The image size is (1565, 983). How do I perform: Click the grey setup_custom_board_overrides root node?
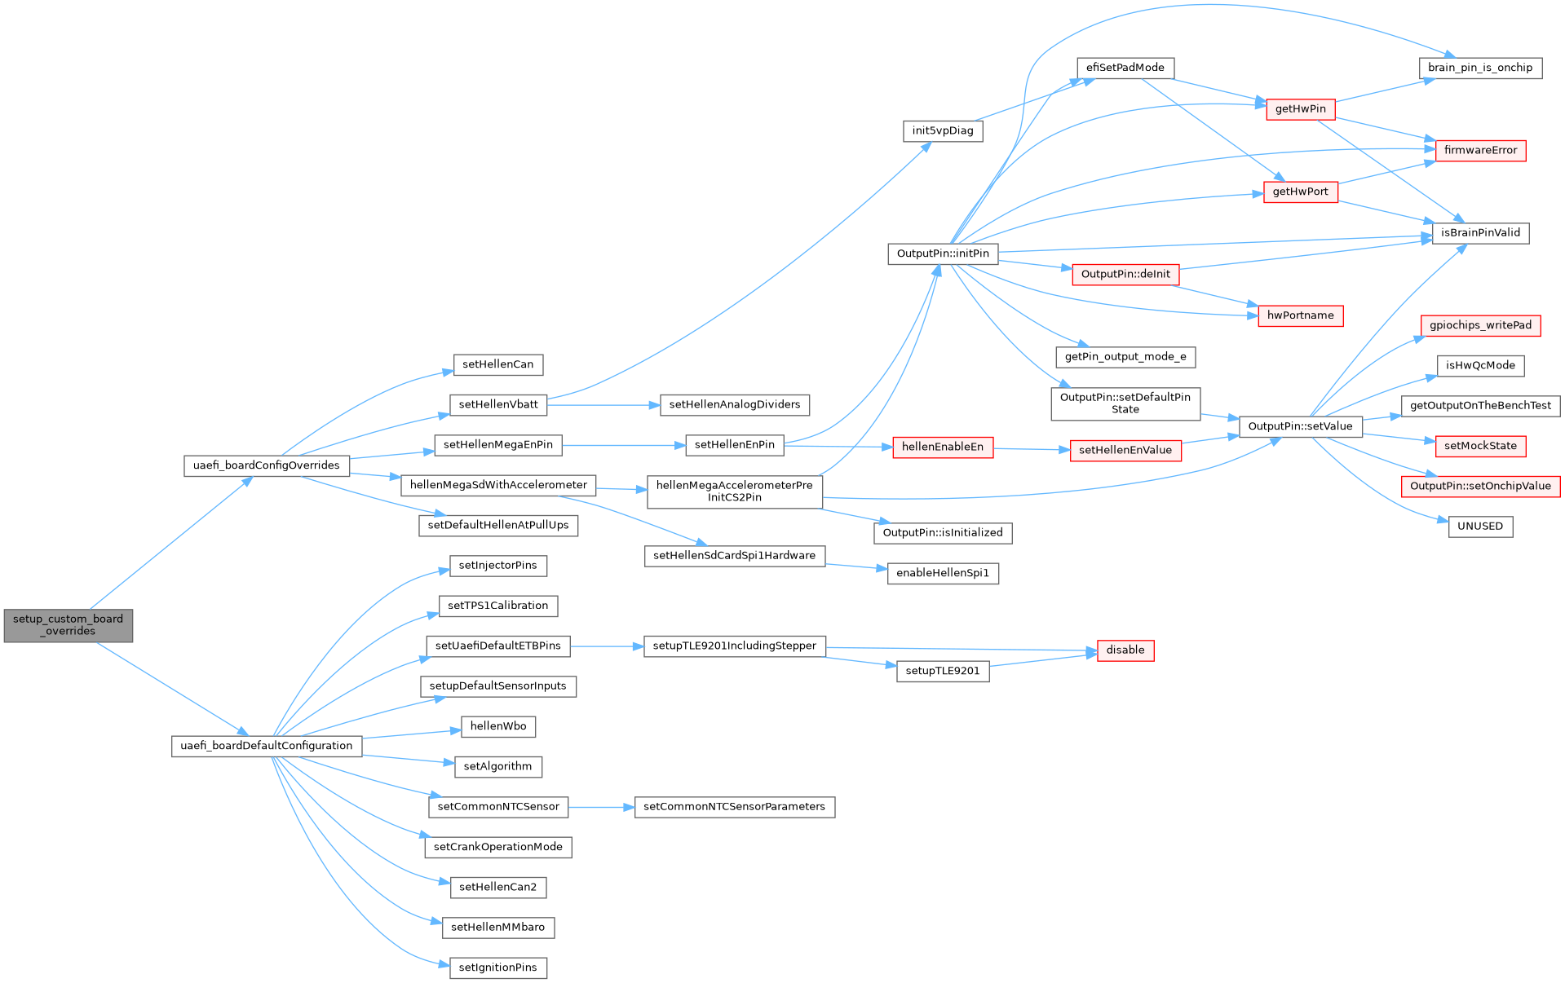(69, 625)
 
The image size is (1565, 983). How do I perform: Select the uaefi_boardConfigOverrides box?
(266, 465)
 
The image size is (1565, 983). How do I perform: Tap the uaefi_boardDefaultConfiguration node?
(266, 746)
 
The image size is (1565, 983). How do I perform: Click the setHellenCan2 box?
(497, 887)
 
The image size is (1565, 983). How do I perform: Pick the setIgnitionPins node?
(497, 968)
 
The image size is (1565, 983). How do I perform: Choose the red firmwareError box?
(1480, 150)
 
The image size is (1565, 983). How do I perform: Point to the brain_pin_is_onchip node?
(1480, 68)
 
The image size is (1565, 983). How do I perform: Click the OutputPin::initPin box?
(943, 253)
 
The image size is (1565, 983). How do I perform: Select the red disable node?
(1125, 650)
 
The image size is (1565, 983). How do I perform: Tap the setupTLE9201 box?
(943, 671)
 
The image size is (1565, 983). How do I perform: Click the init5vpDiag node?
(943, 130)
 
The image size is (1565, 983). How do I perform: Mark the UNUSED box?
(1480, 527)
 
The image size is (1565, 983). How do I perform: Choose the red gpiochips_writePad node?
(1480, 325)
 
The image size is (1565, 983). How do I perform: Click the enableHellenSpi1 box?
(943, 573)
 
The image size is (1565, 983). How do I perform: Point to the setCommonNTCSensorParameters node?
(734, 807)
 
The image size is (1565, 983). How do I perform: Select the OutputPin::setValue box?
(1300, 426)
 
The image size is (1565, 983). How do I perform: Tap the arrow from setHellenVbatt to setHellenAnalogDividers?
(603, 404)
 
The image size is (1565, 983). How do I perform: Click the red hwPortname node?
(1300, 315)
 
